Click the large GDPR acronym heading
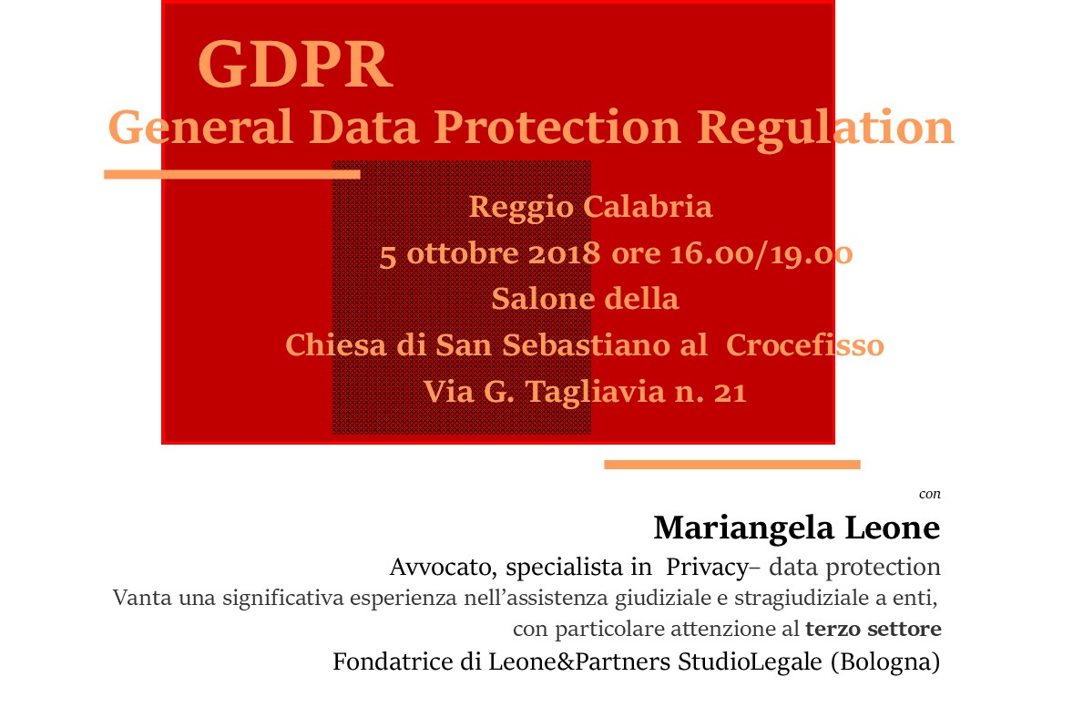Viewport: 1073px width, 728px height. coord(295,65)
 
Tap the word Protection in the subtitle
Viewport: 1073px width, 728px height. coord(557,128)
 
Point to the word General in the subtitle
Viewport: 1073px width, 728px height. coord(200,128)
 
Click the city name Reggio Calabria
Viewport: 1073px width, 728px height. coord(590,208)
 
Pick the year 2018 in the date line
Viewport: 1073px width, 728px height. coord(564,253)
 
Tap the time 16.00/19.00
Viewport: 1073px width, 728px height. coord(761,254)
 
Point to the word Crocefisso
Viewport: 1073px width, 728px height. coord(805,344)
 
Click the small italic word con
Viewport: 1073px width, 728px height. coord(930,494)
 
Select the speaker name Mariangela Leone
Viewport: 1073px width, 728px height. coord(796,528)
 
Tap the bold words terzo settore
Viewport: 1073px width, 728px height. coord(874,628)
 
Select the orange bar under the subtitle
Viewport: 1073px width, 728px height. coord(232,174)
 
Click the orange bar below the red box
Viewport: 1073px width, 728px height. coord(732,465)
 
